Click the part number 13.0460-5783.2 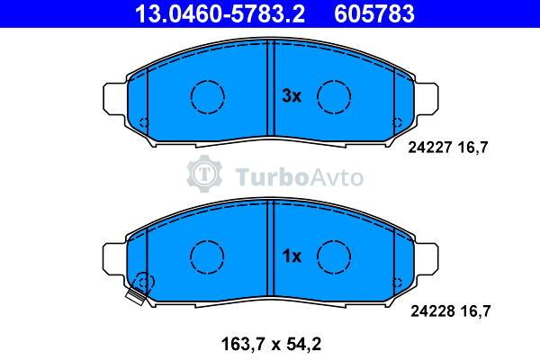click(220, 14)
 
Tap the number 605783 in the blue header click(374, 14)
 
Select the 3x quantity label click(292, 96)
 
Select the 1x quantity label click(292, 256)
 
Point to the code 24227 click(429, 148)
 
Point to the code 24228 click(432, 311)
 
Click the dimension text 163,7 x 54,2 click(271, 344)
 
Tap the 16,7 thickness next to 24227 click(472, 148)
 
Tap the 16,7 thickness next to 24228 click(475, 311)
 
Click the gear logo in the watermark click(204, 174)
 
